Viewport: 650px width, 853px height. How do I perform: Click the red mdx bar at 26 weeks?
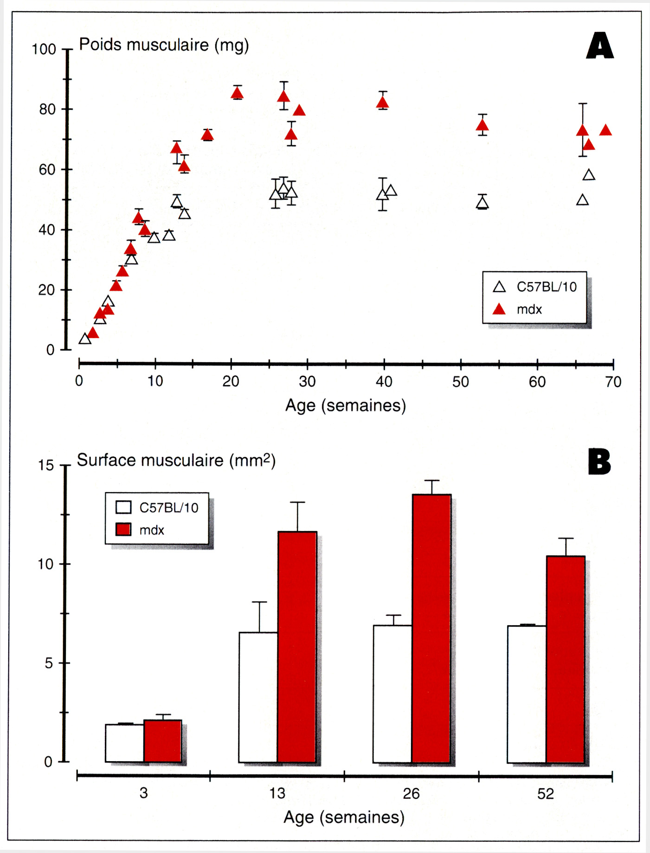(x=431, y=629)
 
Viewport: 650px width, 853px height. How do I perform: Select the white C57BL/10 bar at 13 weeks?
(x=258, y=698)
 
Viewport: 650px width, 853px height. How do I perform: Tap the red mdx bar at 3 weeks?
(x=162, y=741)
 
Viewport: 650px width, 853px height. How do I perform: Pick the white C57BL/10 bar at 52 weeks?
(x=527, y=694)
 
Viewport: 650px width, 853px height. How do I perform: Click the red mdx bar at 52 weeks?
(x=566, y=660)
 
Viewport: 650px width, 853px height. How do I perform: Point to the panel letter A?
(x=600, y=45)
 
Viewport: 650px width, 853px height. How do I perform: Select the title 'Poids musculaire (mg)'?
(x=164, y=45)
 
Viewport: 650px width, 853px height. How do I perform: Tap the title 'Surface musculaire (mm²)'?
(x=176, y=460)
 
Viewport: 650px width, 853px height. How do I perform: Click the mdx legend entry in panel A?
(x=517, y=309)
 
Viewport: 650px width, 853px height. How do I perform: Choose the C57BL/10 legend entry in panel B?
(x=157, y=507)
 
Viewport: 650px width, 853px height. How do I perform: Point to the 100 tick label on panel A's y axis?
(x=44, y=49)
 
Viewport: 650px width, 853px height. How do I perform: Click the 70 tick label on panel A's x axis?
(x=613, y=382)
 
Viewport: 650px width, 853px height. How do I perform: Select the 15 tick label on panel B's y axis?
(x=46, y=465)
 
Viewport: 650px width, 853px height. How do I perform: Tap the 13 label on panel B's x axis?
(x=277, y=793)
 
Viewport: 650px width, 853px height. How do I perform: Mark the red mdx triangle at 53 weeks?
(x=483, y=125)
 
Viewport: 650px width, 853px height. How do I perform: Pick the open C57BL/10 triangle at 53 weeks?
(x=483, y=203)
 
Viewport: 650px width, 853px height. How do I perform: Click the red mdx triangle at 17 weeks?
(x=207, y=135)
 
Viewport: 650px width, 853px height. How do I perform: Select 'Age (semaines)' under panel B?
(x=344, y=817)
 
